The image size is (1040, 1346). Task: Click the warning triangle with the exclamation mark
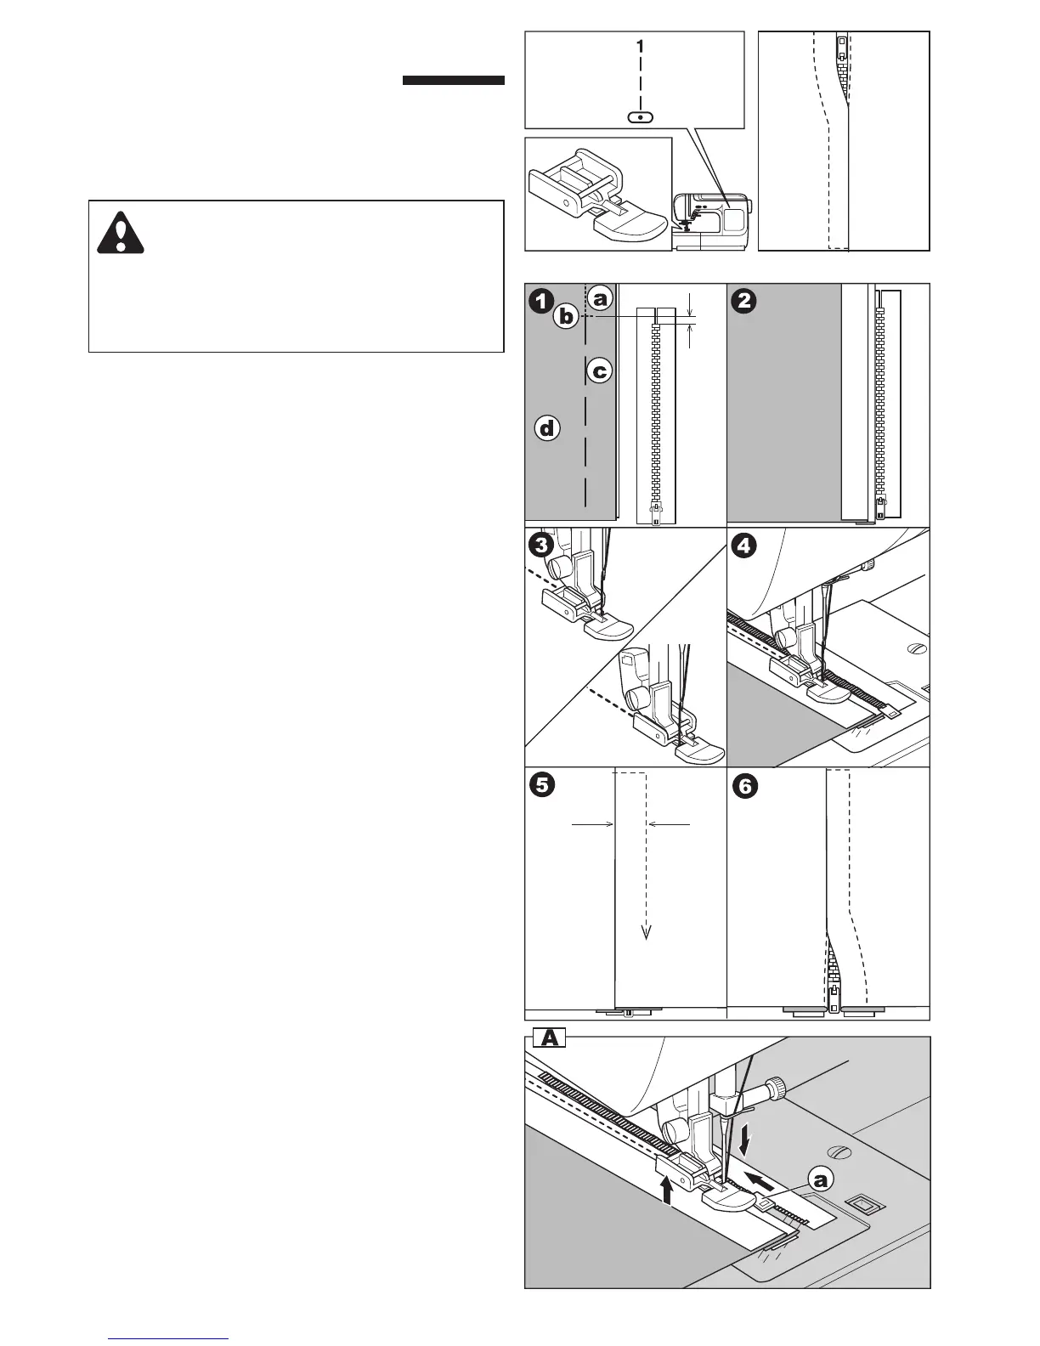[121, 231]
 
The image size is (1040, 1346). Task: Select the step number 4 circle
[743, 546]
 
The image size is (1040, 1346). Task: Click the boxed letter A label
[549, 1038]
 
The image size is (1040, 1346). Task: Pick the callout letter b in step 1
[566, 318]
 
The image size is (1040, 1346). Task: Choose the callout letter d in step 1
[547, 429]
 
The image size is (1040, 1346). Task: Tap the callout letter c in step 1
[599, 371]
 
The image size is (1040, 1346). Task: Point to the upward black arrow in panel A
[667, 1187]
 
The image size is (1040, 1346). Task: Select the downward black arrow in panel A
[745, 1140]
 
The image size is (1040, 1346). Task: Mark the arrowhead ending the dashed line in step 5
[647, 932]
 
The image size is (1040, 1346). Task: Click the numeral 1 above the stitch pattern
[640, 48]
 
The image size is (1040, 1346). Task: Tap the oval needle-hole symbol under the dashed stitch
[640, 116]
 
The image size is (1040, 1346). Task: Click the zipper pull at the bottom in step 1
[655, 512]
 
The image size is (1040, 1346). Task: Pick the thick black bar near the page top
[453, 82]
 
